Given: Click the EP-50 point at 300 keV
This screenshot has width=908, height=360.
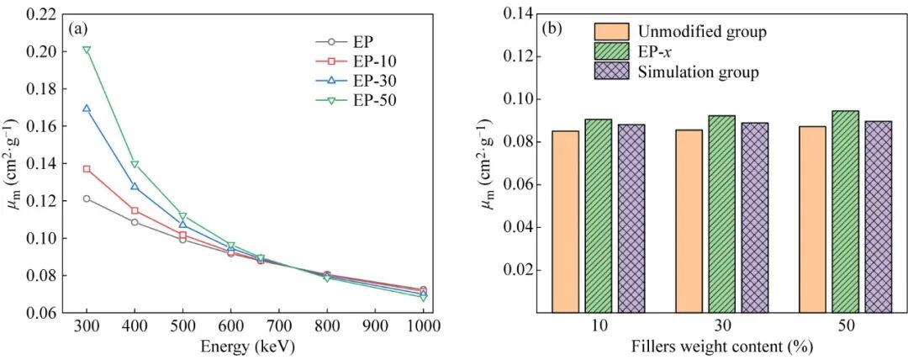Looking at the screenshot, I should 87,50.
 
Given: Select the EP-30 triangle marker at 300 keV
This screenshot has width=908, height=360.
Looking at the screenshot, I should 87,109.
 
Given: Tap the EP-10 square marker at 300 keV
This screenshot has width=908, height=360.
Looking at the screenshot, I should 87,169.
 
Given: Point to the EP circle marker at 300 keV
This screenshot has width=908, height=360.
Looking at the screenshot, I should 87,199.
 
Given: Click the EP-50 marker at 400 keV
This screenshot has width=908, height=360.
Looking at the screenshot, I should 135,164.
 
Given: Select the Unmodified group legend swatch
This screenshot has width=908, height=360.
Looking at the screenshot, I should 612,32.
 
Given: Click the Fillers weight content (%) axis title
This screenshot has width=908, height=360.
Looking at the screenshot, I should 722,345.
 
